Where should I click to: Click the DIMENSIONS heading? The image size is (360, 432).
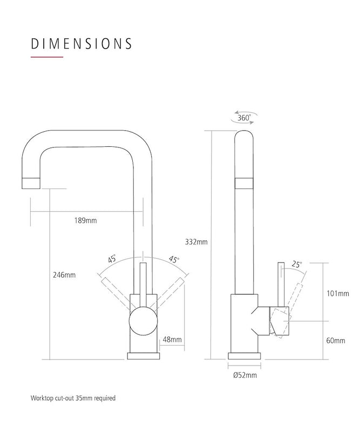pyautogui.click(x=81, y=43)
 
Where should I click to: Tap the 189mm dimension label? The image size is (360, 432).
pyautogui.click(x=86, y=221)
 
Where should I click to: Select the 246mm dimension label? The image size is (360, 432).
pyautogui.click(x=64, y=275)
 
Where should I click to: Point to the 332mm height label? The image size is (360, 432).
pyautogui.click(x=196, y=241)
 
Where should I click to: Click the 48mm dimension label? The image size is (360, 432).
pyautogui.click(x=172, y=340)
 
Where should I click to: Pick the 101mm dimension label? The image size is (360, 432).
pyautogui.click(x=338, y=294)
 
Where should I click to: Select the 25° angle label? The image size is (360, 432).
pyautogui.click(x=297, y=264)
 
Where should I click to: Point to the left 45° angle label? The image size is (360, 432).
pyautogui.click(x=112, y=259)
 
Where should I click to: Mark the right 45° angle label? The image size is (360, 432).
pyautogui.click(x=174, y=259)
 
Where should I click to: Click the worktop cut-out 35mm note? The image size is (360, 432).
pyautogui.click(x=73, y=398)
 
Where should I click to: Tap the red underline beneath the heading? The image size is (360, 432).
pyautogui.click(x=47, y=57)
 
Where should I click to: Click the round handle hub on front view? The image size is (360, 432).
pyautogui.click(x=142, y=322)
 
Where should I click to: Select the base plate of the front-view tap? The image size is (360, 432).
pyautogui.click(x=143, y=356)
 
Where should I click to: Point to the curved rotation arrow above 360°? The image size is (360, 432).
pyautogui.click(x=245, y=112)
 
